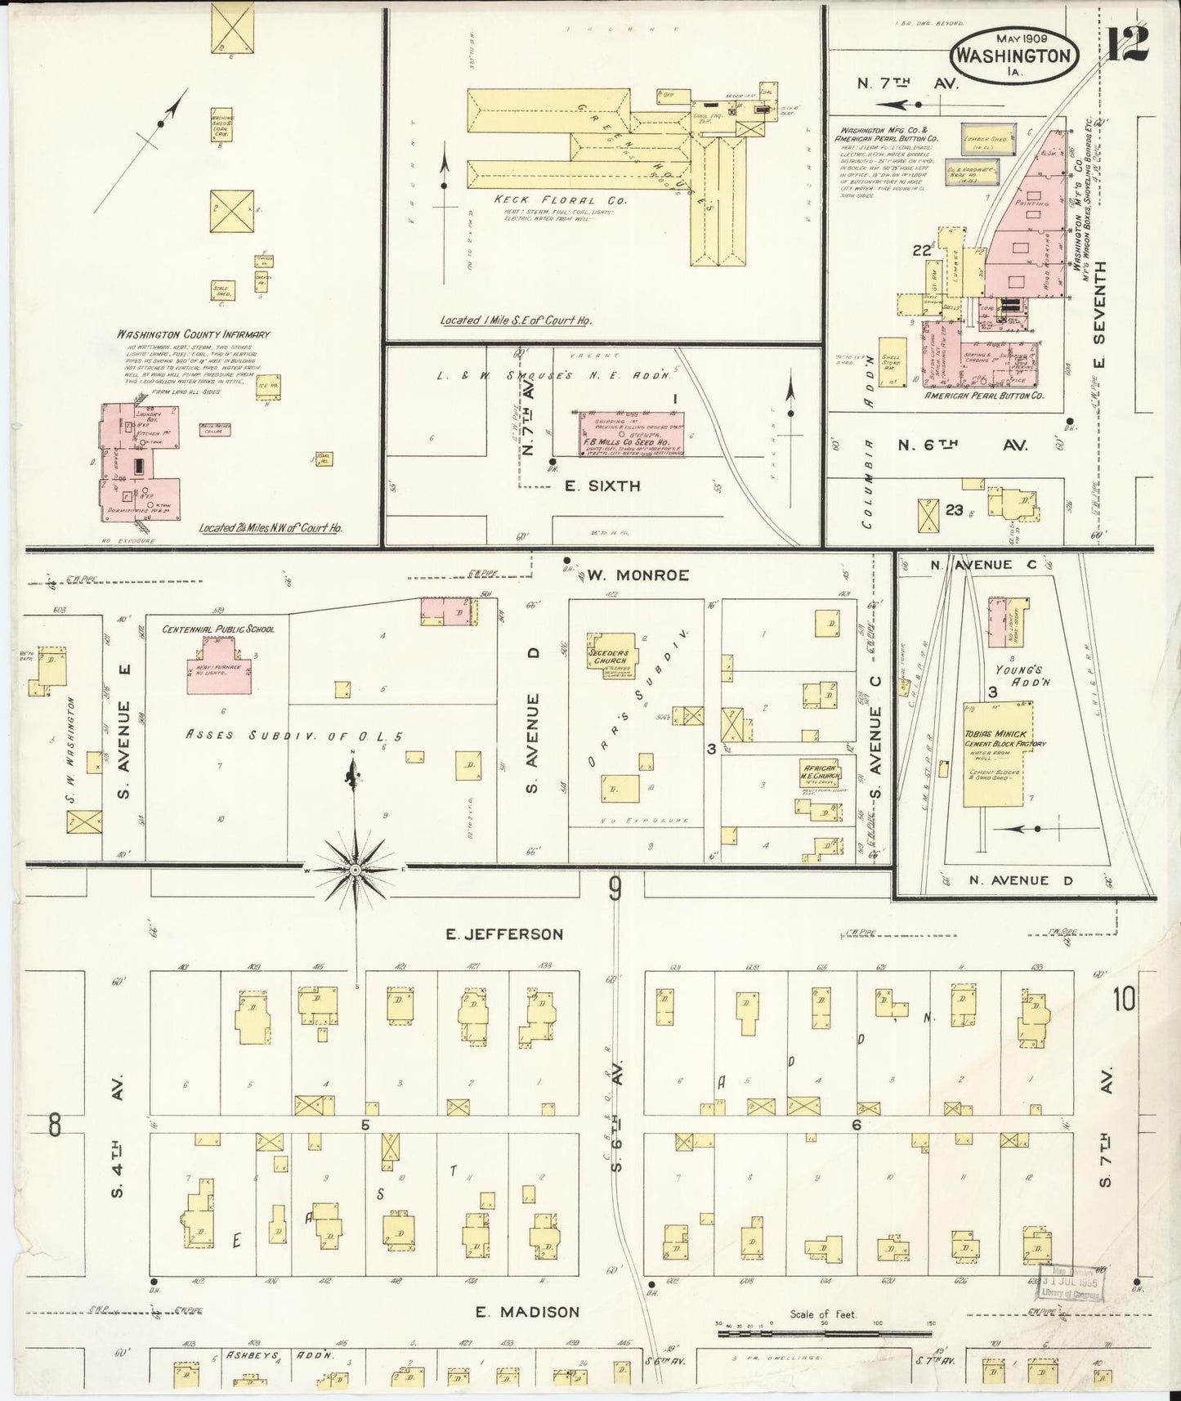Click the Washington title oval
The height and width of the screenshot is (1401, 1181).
pos(1013,54)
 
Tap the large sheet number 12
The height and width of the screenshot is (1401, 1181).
pos(1129,43)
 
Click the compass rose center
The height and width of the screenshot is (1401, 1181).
pos(355,871)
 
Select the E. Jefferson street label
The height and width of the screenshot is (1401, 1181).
pos(504,934)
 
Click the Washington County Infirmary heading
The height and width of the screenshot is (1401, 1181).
pos(193,334)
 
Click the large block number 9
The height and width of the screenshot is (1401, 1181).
pos(615,888)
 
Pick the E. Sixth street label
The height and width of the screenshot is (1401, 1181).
pos(602,486)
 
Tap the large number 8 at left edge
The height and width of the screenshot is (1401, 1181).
pos(54,1125)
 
